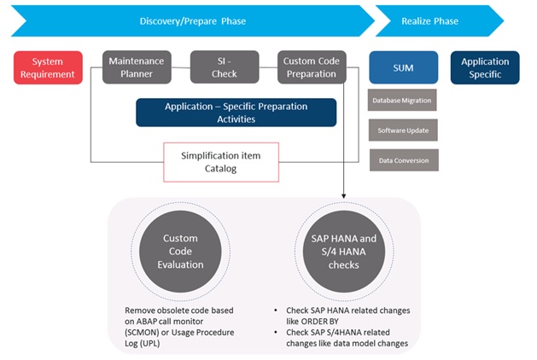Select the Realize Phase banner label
(x=429, y=20)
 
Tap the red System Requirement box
(x=48, y=67)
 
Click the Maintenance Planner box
(x=137, y=67)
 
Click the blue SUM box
(x=403, y=67)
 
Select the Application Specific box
(x=485, y=67)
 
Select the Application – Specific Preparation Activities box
(x=236, y=113)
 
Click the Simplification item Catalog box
(x=222, y=162)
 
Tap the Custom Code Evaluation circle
(x=179, y=252)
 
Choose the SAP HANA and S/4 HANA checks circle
(x=344, y=252)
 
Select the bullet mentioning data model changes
(x=341, y=338)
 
